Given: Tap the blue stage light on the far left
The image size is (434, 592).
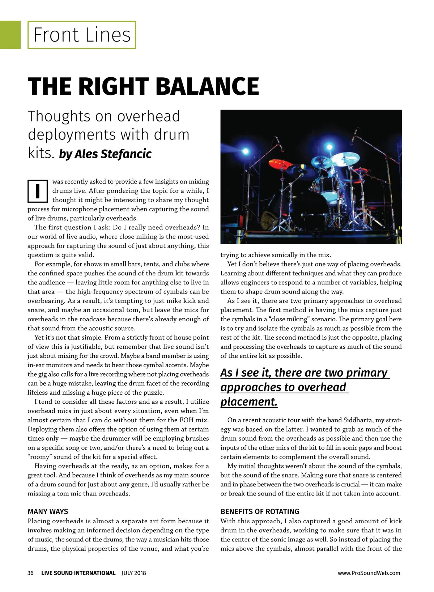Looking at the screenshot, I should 246,151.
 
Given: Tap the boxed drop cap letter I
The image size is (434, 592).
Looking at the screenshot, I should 38,191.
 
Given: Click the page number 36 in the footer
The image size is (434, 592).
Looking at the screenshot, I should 30,573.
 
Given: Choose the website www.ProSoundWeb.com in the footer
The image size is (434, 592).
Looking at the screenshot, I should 369,573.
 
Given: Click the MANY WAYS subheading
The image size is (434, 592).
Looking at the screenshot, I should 48,511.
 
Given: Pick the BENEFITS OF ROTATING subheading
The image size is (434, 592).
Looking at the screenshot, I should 260,511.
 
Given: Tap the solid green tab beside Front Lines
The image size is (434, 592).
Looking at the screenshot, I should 10,35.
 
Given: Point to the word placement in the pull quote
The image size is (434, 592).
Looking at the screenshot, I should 248,402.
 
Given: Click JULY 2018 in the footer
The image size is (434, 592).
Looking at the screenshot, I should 134,573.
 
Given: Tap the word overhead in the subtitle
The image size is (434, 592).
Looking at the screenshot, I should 148,116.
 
